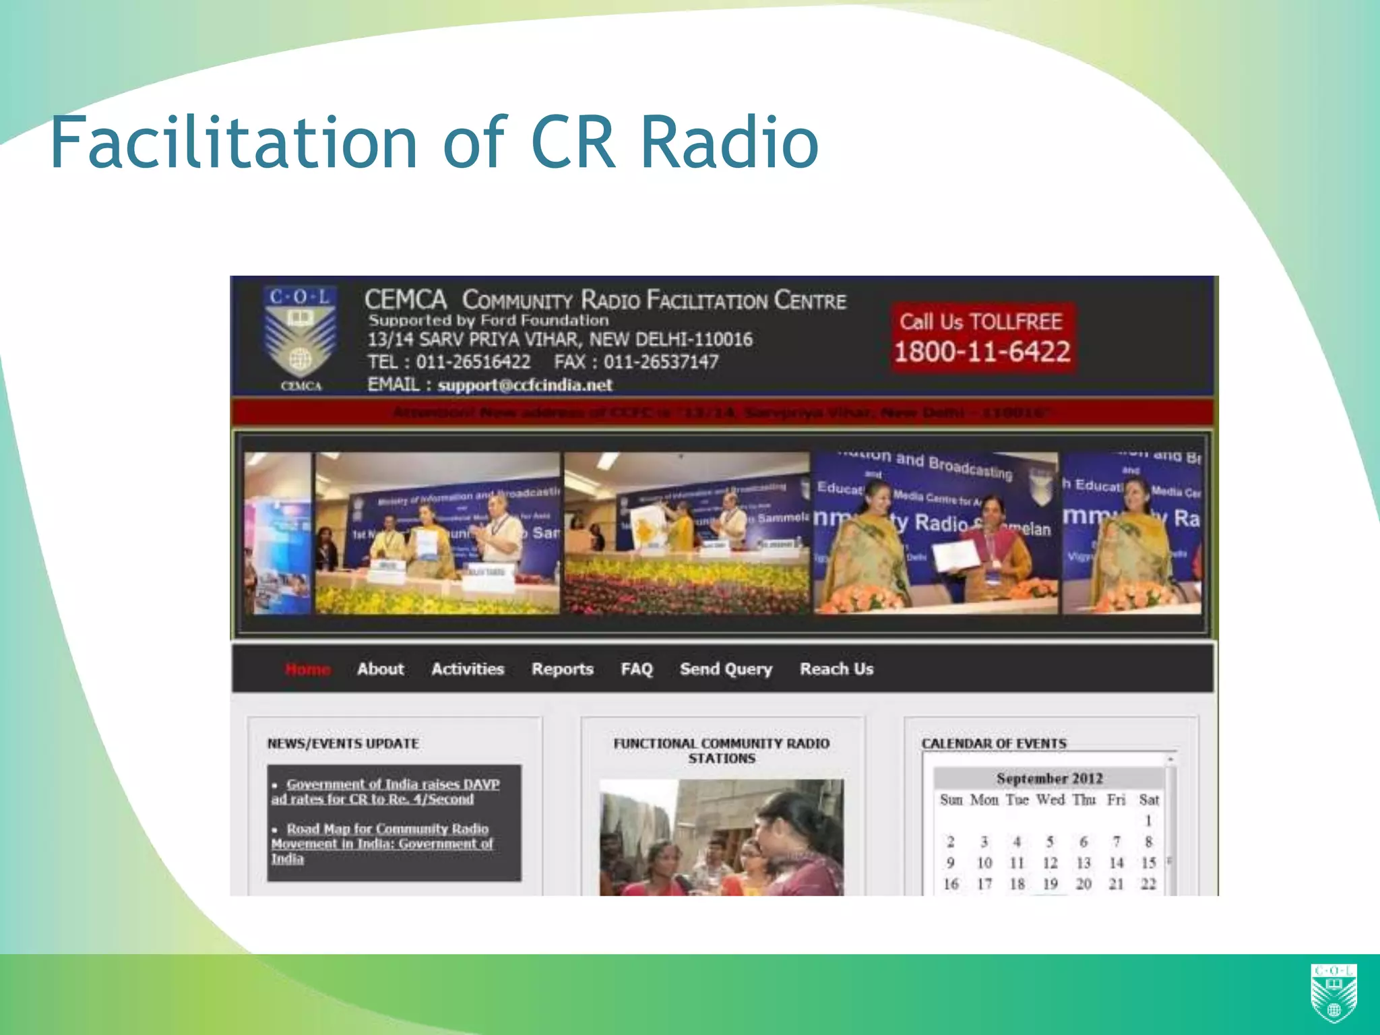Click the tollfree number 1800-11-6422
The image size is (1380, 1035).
982,351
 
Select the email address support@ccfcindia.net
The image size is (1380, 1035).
524,385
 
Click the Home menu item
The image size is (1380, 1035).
307,669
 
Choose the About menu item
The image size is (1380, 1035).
380,669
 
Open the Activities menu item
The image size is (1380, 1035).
468,669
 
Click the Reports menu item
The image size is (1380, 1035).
562,669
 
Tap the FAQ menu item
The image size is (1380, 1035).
637,669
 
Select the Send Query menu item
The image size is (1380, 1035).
726,669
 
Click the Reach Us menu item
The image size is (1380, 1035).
836,669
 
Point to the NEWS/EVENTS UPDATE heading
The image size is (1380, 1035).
343,743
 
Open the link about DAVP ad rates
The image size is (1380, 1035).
385,792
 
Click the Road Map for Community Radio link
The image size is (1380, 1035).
382,843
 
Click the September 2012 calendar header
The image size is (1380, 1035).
1049,778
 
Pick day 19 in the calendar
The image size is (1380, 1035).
1050,884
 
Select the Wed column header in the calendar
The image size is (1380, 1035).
1050,800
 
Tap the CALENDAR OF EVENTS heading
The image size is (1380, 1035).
994,743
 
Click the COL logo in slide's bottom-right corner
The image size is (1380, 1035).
1334,992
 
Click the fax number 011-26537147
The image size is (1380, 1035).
660,362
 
